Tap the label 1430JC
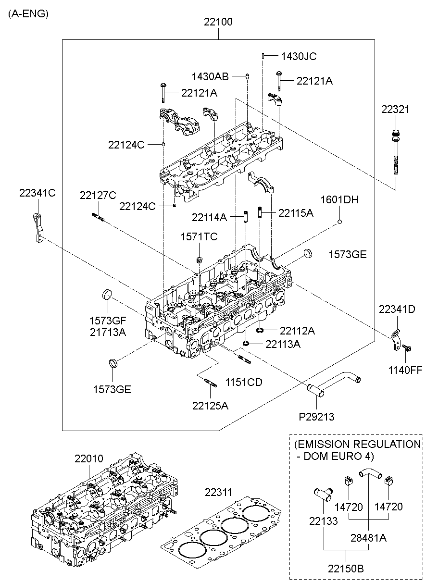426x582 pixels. [299, 56]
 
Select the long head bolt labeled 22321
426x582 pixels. [396, 154]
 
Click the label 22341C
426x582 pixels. [38, 193]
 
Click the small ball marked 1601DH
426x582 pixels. [339, 222]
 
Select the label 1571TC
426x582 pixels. [199, 236]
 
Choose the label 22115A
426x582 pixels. [296, 213]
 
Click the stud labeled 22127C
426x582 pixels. [98, 217]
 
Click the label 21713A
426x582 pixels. [107, 331]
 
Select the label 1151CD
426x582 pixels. [244, 383]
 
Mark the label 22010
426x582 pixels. [88, 459]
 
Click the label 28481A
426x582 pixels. [369, 538]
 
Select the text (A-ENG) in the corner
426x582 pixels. [28, 14]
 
